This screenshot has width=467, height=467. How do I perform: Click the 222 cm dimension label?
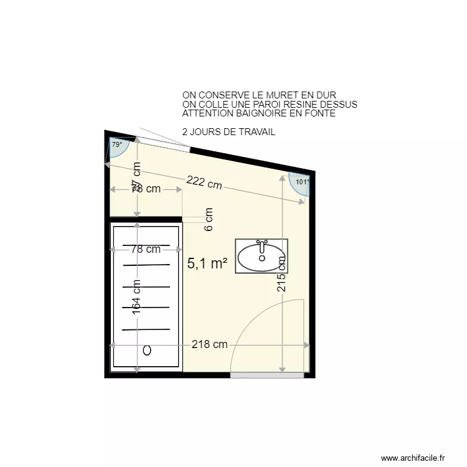(204, 182)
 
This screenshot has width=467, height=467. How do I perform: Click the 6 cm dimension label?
(209, 219)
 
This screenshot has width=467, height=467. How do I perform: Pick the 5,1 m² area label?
(207, 263)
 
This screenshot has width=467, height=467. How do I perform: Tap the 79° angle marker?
(117, 145)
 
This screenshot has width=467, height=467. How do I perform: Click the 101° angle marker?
(301, 182)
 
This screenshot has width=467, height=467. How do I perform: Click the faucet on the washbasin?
(262, 244)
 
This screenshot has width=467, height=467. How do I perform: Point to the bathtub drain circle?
(147, 351)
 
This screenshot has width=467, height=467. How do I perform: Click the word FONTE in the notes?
(321, 114)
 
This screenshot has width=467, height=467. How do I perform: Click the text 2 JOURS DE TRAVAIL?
(229, 132)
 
